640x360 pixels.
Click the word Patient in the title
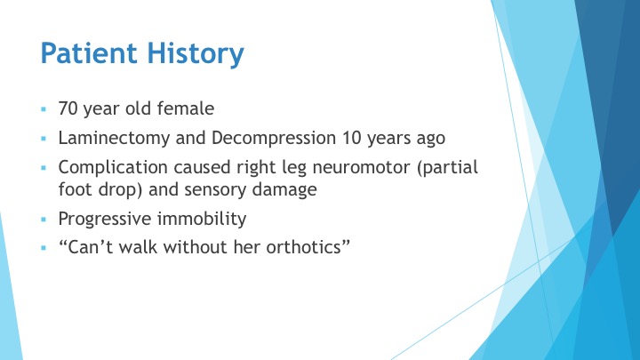point(89,52)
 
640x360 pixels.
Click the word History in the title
point(196,54)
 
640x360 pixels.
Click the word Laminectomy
point(114,138)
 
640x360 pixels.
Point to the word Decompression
point(274,138)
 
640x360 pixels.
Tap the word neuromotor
point(361,168)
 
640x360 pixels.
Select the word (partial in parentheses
point(447,167)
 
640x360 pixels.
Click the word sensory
point(215,190)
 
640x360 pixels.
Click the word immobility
point(202,219)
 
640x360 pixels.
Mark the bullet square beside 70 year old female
point(44,109)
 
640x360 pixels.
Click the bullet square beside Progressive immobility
point(44,220)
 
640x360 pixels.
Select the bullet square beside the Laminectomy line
point(44,139)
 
